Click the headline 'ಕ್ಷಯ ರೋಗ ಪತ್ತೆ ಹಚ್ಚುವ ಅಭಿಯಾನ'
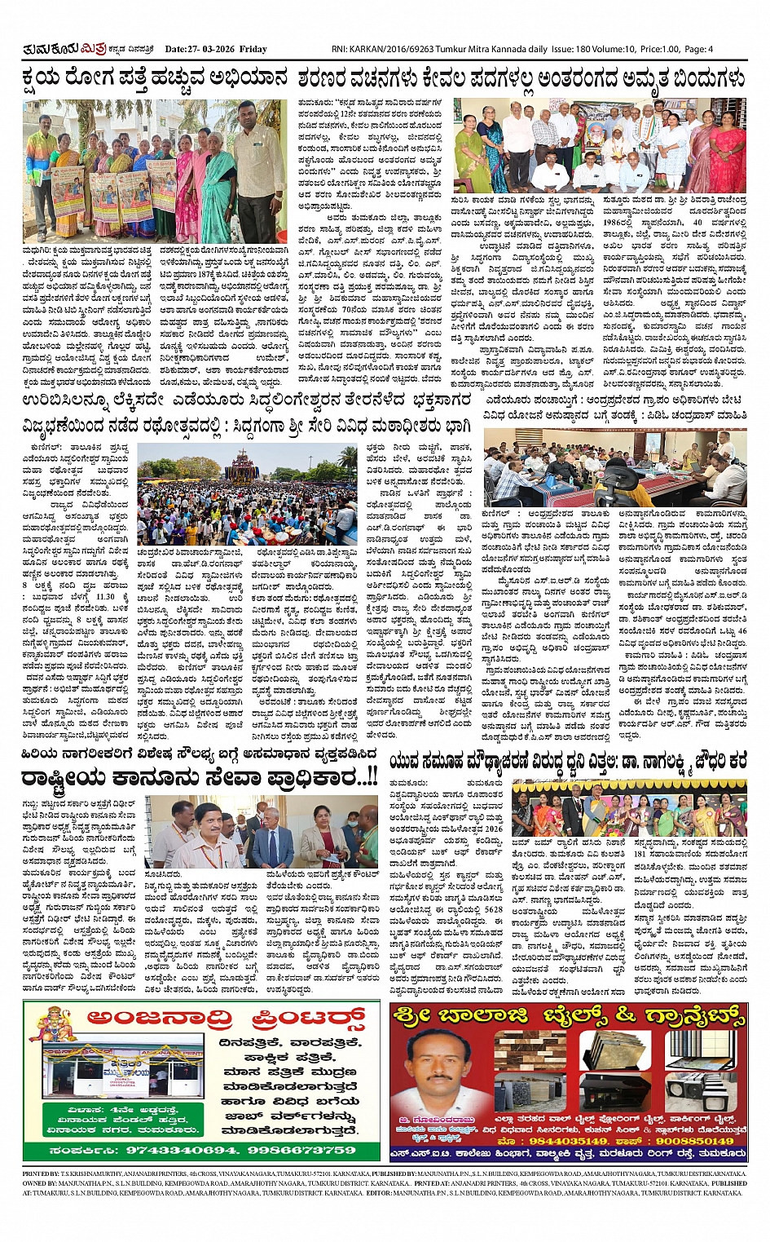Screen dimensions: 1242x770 [155, 79]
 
